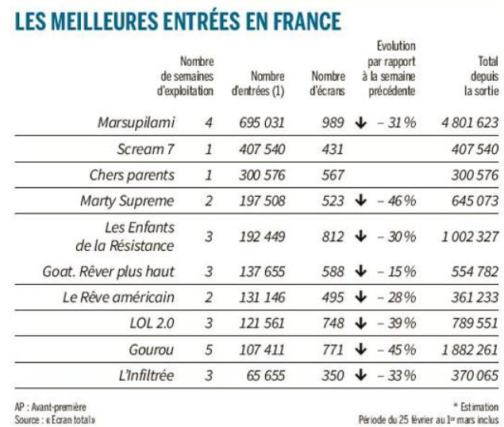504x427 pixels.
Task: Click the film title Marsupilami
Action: [136, 123]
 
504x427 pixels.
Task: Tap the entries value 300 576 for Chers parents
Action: [262, 175]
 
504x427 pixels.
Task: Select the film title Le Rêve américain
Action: [118, 298]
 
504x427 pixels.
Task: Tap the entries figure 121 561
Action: [262, 323]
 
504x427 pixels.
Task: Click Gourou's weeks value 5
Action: [210, 348]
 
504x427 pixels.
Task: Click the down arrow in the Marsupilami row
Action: [362, 123]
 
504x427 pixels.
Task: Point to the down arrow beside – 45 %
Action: [362, 348]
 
